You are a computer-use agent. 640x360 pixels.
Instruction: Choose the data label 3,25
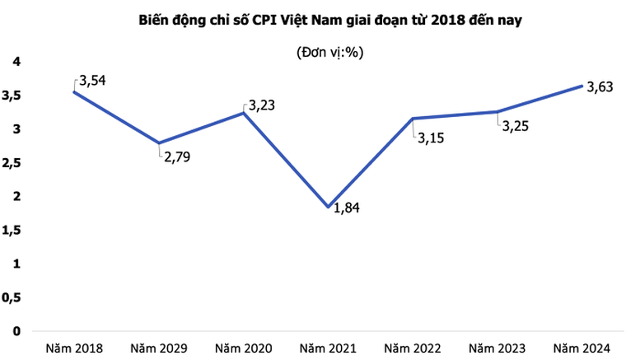[516, 126]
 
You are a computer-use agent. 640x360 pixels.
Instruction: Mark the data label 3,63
[599, 88]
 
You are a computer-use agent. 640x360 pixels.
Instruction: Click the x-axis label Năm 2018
[75, 348]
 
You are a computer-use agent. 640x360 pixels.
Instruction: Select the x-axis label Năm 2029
[159, 348]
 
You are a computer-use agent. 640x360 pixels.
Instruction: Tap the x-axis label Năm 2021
[329, 348]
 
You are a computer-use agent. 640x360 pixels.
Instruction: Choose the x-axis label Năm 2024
[582, 348]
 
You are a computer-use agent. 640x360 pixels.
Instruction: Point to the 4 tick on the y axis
[15, 62]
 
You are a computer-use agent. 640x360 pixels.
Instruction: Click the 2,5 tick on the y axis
[12, 163]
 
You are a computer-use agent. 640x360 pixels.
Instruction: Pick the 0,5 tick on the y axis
[12, 297]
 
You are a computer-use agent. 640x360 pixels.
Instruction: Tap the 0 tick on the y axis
[15, 331]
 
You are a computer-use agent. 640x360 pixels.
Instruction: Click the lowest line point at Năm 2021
[329, 207]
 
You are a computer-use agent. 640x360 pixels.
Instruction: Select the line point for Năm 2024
[582, 86]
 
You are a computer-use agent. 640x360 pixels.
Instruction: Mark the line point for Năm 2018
[75, 91]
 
